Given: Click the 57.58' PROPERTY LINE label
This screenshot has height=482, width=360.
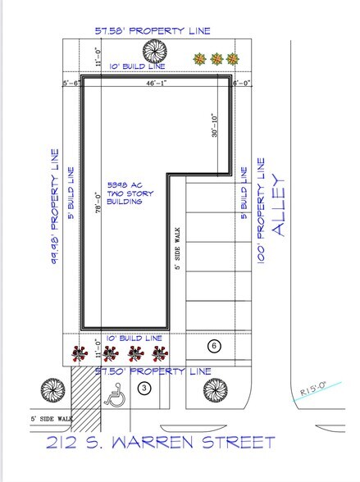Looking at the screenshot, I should (x=152, y=31).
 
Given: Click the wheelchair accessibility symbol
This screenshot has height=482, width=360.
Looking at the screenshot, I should (x=115, y=396).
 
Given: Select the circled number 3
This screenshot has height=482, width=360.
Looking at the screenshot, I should (x=144, y=389).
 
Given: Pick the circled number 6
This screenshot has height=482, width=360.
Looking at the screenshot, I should (x=213, y=346).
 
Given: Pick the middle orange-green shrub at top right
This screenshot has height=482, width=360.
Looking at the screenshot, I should (x=216, y=59).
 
